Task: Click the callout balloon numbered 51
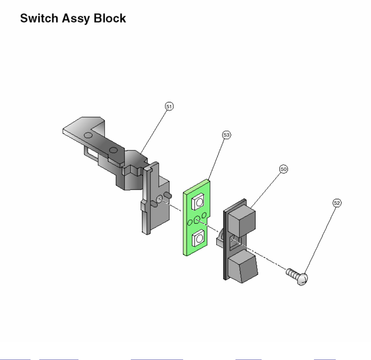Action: point(169,106)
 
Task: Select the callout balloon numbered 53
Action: point(226,135)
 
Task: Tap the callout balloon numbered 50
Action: point(283,169)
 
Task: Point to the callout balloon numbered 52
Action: point(337,203)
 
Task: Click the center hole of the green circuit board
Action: point(197,220)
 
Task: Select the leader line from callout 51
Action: point(154,129)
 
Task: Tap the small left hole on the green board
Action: point(190,222)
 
